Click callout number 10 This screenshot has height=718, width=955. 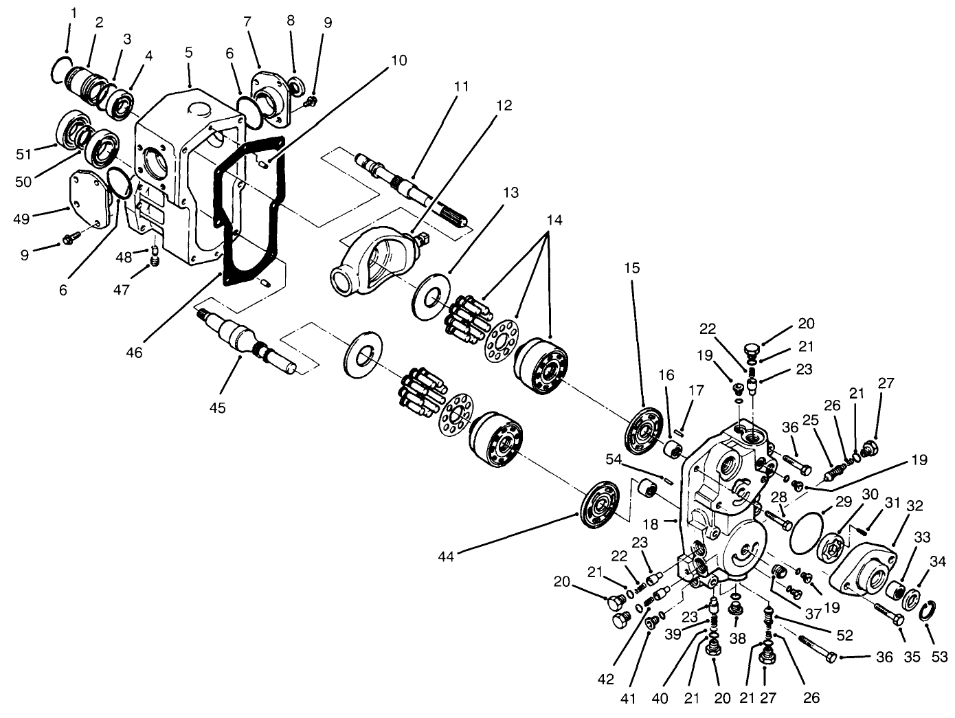tap(398, 60)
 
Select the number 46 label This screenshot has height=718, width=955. tap(134, 352)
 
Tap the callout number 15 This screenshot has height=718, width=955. tap(632, 267)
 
